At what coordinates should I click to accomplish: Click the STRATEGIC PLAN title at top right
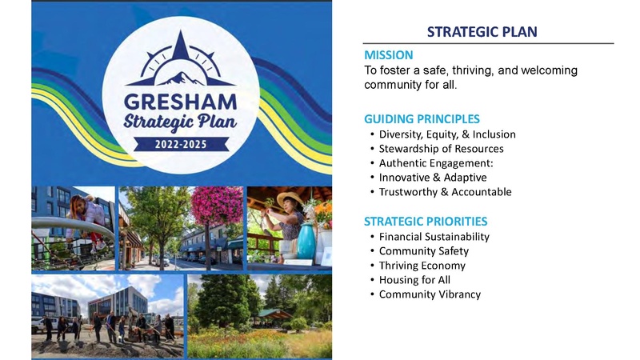pos(482,32)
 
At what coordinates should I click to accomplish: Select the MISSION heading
pos(389,55)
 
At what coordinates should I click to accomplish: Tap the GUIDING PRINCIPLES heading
pos(422,118)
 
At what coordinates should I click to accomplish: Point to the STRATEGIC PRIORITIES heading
pos(425,221)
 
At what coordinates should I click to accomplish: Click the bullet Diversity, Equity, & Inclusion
pos(447,134)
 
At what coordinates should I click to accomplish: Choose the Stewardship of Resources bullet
pos(441,149)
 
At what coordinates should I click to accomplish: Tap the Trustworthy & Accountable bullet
pos(445,192)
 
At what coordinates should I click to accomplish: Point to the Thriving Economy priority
pos(422,266)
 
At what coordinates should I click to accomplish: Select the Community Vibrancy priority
pos(430,294)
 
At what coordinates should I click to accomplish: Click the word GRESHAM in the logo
pos(181,102)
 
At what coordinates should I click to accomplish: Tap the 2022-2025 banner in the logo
pos(181,146)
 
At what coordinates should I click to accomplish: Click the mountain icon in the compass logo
pos(181,77)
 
